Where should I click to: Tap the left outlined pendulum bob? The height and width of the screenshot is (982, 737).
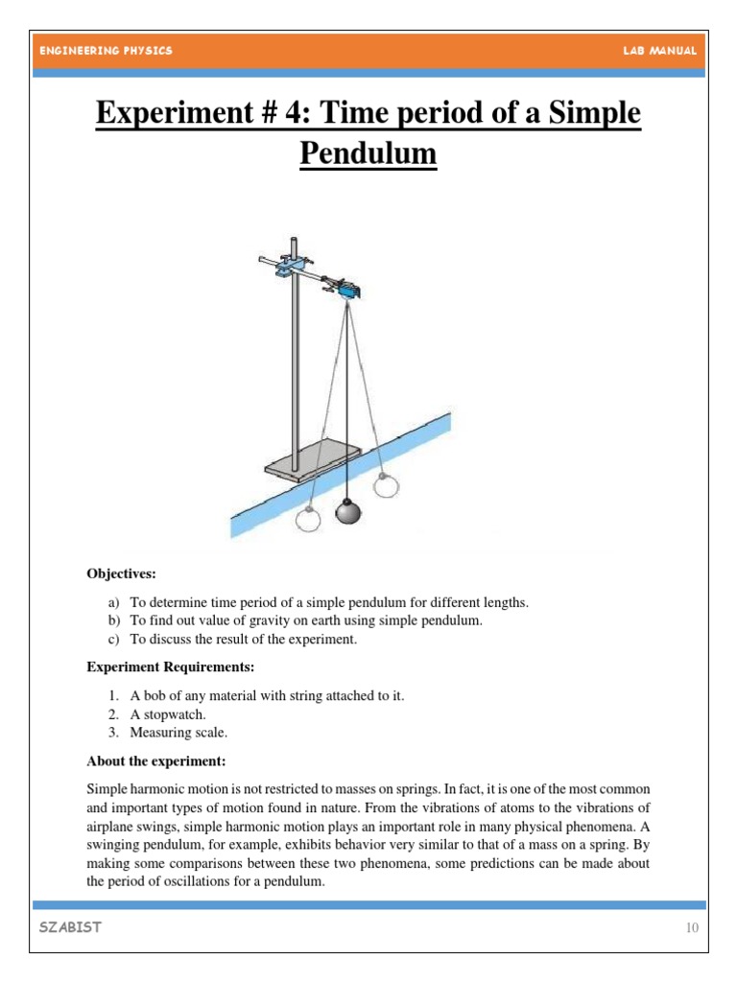point(308,519)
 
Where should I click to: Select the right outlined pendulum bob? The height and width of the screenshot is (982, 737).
point(385,485)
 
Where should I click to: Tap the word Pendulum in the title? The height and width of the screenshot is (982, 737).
point(368,152)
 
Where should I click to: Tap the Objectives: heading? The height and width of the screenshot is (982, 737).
point(121,574)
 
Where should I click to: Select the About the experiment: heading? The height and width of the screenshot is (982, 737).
point(155,761)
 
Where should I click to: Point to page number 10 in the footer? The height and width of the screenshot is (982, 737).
point(691,928)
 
